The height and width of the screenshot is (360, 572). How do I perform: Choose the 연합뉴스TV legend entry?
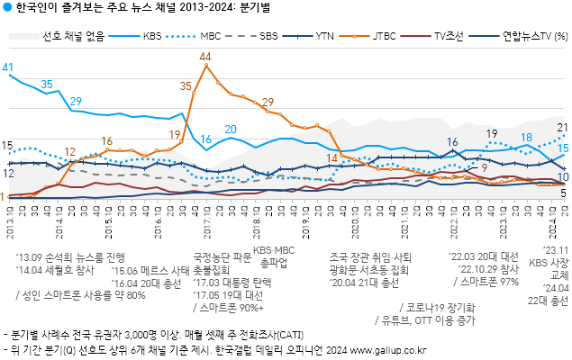click(527, 37)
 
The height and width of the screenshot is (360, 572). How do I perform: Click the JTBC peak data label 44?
click(205, 57)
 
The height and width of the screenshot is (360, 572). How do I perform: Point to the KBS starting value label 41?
click(7, 67)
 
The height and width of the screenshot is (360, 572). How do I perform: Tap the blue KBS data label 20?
click(231, 130)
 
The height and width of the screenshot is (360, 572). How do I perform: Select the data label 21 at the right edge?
click(562, 128)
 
